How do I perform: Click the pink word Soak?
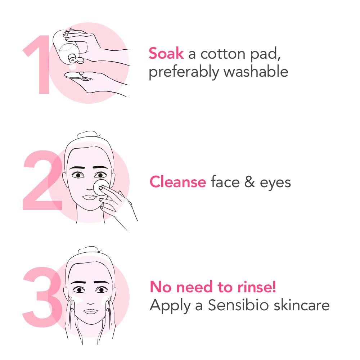pyautogui.click(x=166, y=54)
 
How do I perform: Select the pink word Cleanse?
pyautogui.click(x=177, y=182)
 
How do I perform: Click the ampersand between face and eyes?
pyautogui.click(x=249, y=182)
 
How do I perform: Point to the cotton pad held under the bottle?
pyautogui.click(x=74, y=76)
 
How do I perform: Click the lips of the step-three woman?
pyautogui.click(x=91, y=311)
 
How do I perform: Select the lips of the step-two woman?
pyautogui.click(x=88, y=197)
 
